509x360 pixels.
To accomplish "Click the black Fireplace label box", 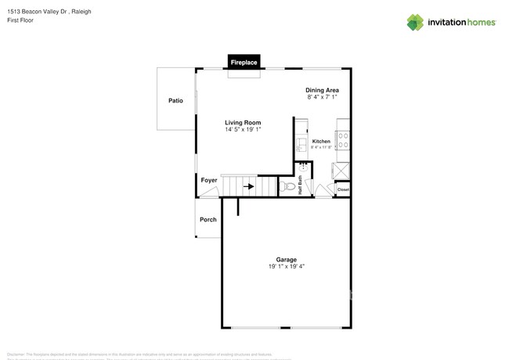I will pos(244,61).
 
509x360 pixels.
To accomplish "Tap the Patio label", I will pos(175,100).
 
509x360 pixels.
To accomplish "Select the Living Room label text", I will pos(243,122).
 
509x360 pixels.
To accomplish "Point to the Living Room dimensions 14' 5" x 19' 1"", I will pos(243,130).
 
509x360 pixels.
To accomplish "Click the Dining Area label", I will pos(322,90).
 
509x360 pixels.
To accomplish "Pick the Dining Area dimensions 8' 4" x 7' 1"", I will pos(322,98).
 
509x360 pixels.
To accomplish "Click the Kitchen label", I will pos(321,142).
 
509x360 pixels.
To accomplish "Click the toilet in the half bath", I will pos(289,187).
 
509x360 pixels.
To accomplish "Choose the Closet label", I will pos(343,189).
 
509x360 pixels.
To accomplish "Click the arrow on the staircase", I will pos(249,186).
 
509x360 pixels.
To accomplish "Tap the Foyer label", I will pos(209,181).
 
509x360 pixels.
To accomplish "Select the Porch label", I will pos(208,219).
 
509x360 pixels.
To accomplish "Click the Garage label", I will pos(286,259).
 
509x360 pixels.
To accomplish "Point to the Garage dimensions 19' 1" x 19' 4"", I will pos(286,267).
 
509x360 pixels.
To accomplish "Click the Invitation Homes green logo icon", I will pos(415,22).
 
